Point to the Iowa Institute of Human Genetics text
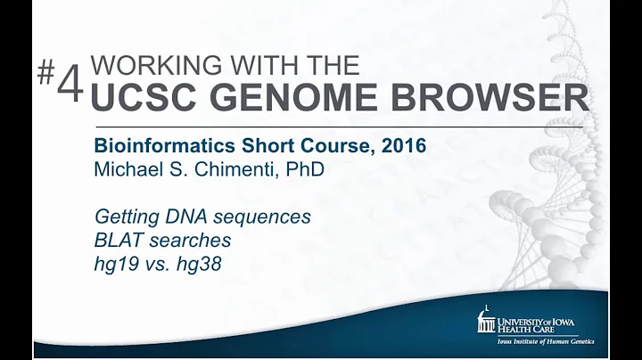[x=545, y=341]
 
